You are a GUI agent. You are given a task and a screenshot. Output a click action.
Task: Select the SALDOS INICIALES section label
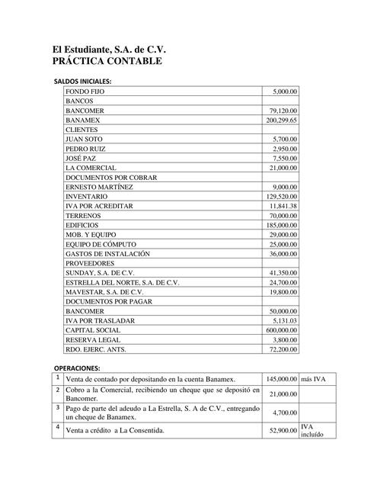[82, 81]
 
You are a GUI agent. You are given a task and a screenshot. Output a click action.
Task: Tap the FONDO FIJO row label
[85, 91]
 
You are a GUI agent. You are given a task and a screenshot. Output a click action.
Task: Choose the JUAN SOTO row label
[85, 140]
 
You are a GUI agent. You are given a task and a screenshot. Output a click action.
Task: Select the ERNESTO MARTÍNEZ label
[100, 187]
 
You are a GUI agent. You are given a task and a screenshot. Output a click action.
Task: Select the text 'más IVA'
[313, 379]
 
